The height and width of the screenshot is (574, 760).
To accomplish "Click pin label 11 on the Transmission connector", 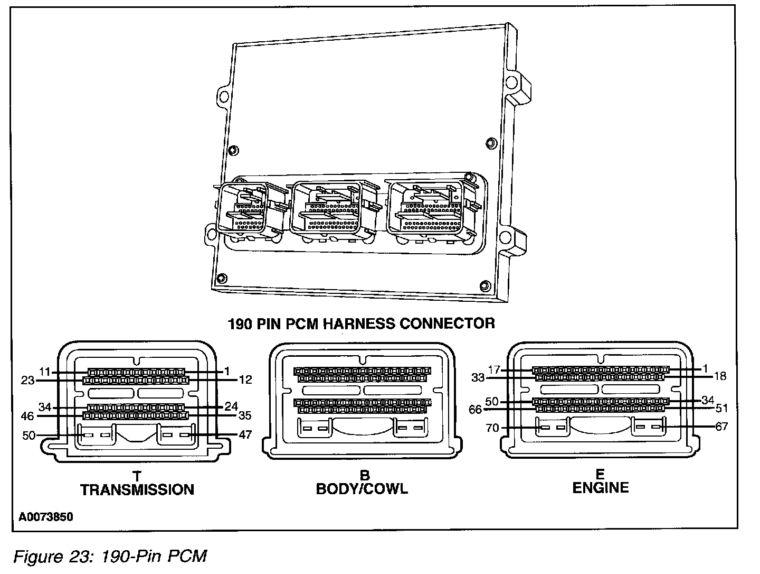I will click(44, 372).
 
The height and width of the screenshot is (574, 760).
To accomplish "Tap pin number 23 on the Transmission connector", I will click(28, 379).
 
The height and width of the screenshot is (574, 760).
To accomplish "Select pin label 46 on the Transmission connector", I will click(28, 415).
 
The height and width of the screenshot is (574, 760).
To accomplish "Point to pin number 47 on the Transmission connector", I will click(245, 435).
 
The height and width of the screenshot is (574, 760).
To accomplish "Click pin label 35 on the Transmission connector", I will click(245, 415).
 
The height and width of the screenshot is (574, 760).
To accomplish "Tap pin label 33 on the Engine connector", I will click(478, 378).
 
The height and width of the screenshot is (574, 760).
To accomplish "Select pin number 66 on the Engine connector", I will click(475, 409).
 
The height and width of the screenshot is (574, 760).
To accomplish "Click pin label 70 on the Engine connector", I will click(492, 428).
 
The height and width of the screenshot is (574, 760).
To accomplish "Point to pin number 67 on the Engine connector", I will click(721, 426).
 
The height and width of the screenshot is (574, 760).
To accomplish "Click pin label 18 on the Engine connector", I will click(720, 376).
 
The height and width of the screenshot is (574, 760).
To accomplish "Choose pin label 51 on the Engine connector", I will click(721, 408).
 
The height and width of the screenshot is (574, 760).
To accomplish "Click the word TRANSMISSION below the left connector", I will click(137, 490).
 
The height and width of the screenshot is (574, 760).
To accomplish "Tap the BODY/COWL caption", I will click(362, 488).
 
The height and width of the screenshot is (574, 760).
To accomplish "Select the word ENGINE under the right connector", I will click(601, 487).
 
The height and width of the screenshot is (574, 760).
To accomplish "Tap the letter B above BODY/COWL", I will click(362, 476).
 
